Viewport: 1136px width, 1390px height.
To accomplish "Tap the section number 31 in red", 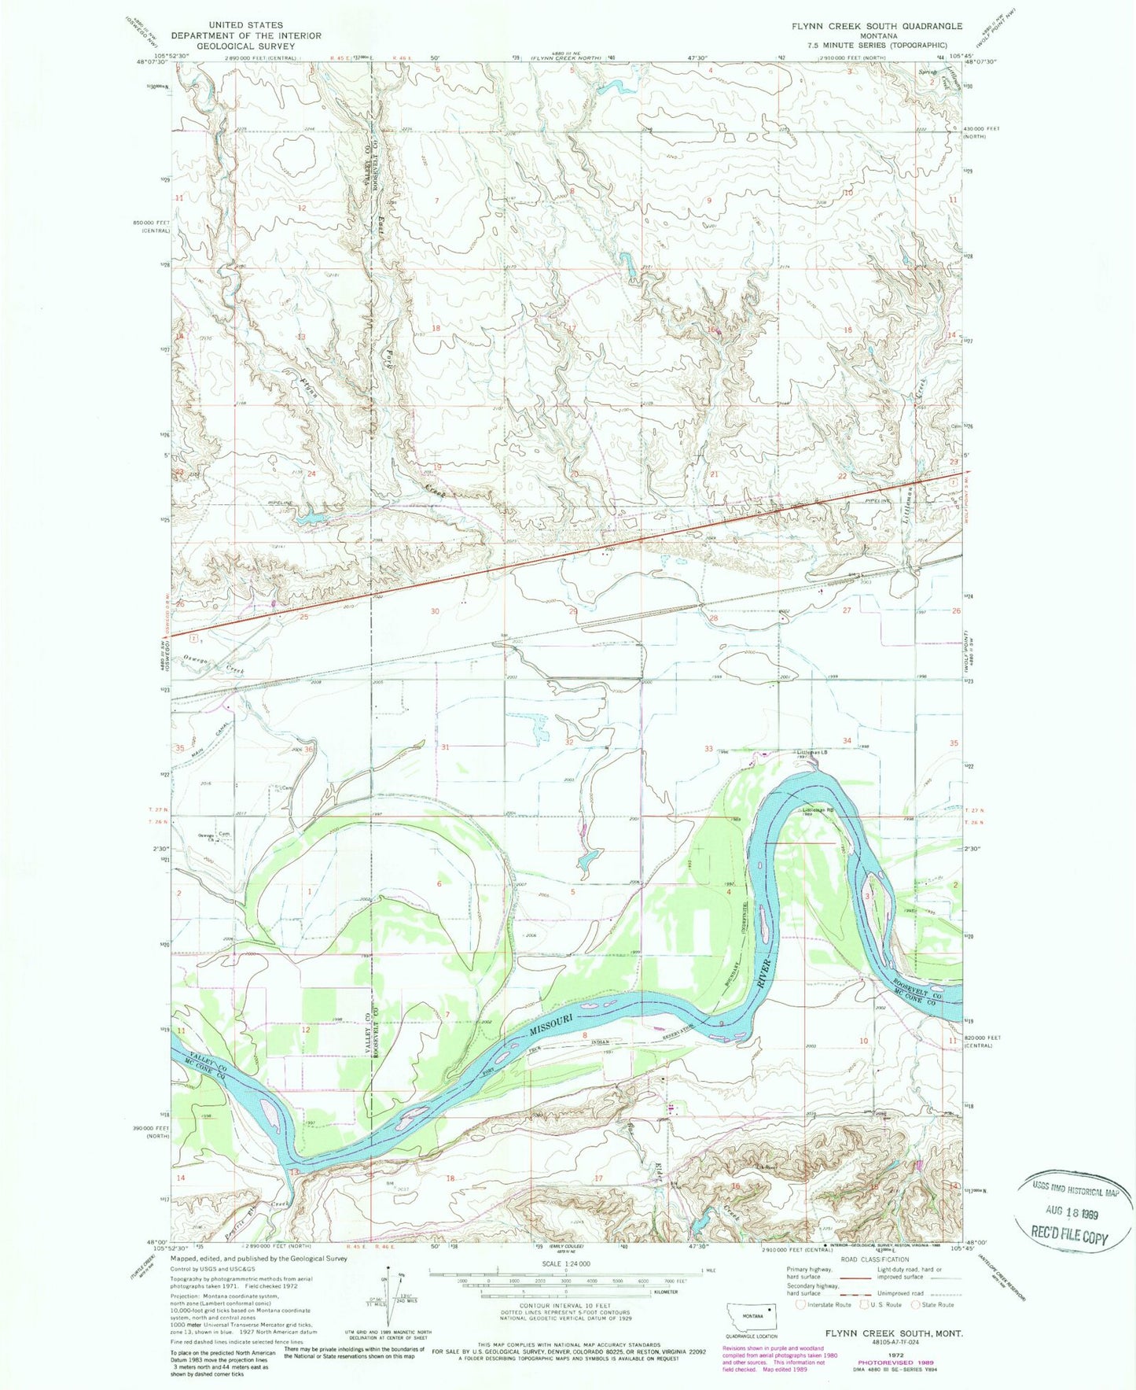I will (445, 747).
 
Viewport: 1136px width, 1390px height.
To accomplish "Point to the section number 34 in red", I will (847, 741).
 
